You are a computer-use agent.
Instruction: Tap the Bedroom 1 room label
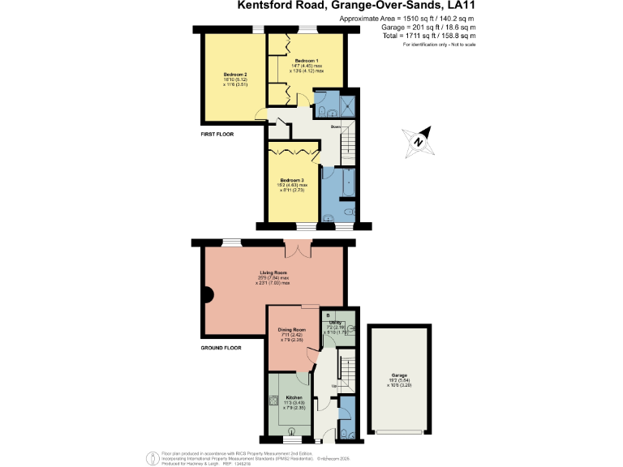306,62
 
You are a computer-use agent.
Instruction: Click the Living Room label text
274,272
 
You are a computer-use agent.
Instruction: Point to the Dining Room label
291,330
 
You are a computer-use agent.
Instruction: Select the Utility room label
337,322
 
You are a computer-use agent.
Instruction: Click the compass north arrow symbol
419,140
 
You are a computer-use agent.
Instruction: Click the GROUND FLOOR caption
221,347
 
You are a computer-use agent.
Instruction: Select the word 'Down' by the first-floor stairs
335,127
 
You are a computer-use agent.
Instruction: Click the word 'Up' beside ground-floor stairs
335,385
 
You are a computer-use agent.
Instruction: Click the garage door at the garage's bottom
397,431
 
